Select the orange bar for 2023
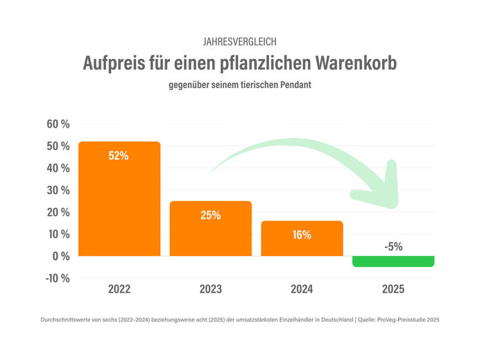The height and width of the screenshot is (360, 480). [210, 229]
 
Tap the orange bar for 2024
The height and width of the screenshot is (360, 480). [302, 239]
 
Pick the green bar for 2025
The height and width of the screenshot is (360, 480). [393, 262]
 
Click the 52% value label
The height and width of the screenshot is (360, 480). [119, 156]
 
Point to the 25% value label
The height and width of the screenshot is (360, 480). [210, 215]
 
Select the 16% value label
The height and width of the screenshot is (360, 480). [302, 234]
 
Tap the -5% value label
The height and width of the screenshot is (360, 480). [393, 246]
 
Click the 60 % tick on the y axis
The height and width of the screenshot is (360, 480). [58, 124]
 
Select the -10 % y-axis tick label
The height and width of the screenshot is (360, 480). [57, 278]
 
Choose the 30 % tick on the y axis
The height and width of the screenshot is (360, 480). [58, 190]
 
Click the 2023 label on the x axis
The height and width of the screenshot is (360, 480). [210, 289]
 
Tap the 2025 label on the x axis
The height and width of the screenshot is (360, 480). [393, 289]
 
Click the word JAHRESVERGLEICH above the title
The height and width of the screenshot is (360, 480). [239, 42]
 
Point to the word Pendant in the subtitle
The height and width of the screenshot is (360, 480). [295, 86]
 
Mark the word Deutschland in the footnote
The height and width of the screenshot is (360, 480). [327, 320]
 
